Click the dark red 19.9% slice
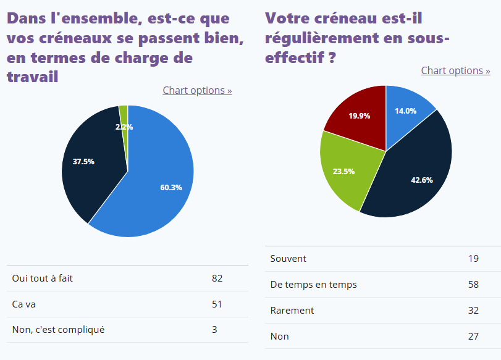359,117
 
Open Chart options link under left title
197,90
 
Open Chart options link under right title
455,70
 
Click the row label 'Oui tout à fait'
42,278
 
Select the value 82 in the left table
217,278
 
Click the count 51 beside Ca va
217,304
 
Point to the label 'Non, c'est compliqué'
58,329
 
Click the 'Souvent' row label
288,259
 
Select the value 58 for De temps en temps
473,285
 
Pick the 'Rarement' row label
292,310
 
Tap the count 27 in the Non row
473,336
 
